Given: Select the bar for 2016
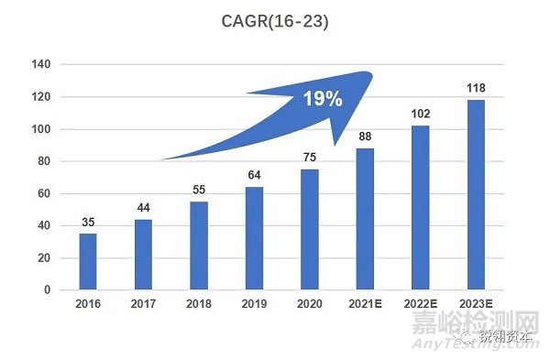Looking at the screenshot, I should (87, 261).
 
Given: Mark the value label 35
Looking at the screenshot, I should (87, 223).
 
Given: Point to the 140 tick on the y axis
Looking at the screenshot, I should (41, 64).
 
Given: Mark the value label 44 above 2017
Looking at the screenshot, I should (144, 208).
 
